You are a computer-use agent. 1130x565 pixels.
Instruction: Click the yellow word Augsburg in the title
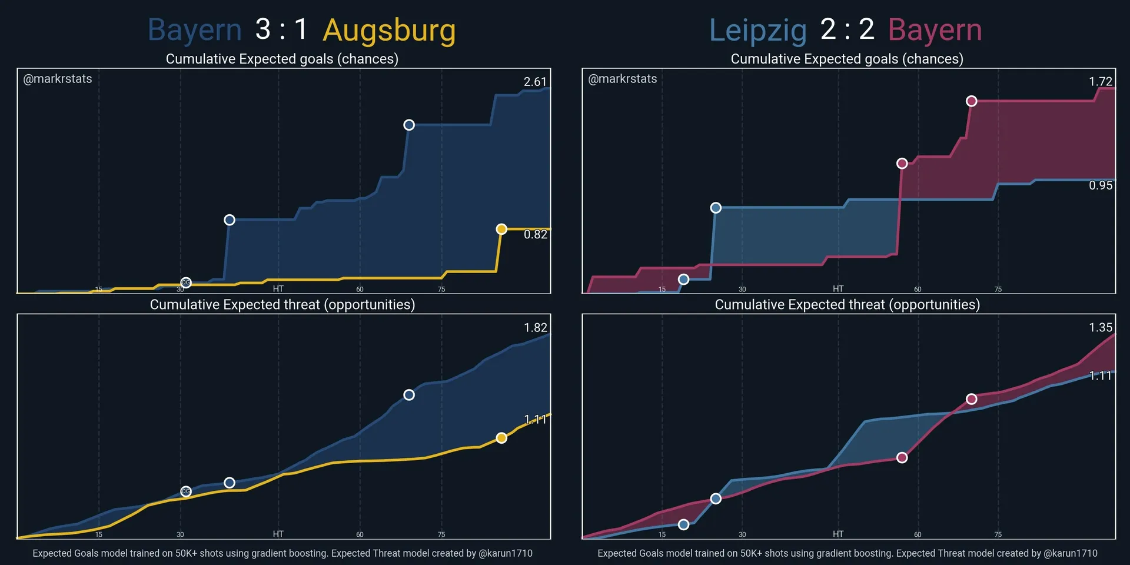(x=389, y=31)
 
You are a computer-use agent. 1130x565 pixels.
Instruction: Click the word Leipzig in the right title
(x=757, y=31)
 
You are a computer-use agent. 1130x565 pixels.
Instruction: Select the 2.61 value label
(x=535, y=82)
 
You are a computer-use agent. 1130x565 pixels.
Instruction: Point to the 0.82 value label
(x=535, y=234)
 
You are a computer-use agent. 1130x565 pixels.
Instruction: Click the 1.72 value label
(x=1100, y=82)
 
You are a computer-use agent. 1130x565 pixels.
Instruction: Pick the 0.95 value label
(x=1100, y=185)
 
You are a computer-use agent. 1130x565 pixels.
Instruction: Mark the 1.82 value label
(x=535, y=328)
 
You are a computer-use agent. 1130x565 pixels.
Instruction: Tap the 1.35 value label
(x=1100, y=328)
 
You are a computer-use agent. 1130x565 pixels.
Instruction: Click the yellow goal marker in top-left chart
(x=501, y=229)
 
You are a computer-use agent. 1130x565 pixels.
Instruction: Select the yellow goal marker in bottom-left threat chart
(x=501, y=438)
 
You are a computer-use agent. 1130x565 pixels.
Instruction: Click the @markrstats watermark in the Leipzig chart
(x=622, y=79)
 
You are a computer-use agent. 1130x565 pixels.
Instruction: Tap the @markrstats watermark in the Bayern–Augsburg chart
(x=57, y=79)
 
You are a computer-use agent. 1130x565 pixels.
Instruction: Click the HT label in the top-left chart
(x=278, y=289)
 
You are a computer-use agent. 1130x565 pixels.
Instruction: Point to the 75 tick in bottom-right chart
(x=998, y=534)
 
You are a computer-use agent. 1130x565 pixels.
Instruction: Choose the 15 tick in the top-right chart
(x=662, y=290)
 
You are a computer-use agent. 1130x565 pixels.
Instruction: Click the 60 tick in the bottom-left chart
(x=360, y=534)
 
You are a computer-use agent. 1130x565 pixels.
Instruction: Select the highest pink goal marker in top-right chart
(x=972, y=101)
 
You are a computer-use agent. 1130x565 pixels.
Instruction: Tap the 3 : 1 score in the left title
(x=281, y=29)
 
